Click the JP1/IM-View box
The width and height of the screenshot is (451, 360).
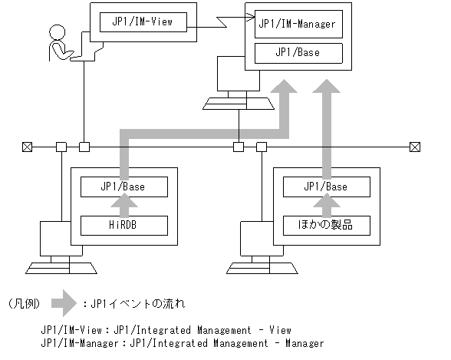coord(143,22)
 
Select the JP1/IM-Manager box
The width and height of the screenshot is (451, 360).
coord(298,25)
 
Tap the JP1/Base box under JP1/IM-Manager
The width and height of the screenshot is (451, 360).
coord(298,53)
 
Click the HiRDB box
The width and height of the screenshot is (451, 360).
coord(123,226)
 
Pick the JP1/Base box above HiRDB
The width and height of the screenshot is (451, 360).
coord(123,187)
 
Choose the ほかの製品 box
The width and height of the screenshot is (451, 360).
coord(326,226)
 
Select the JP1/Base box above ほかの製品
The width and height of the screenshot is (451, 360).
coord(326,187)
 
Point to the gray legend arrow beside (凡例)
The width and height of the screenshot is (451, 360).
coord(66,303)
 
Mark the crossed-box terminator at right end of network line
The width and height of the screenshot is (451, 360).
coord(415,146)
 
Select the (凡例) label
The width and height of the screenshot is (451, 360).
coord(22,303)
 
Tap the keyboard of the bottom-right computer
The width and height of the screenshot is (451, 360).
coord(262,266)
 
